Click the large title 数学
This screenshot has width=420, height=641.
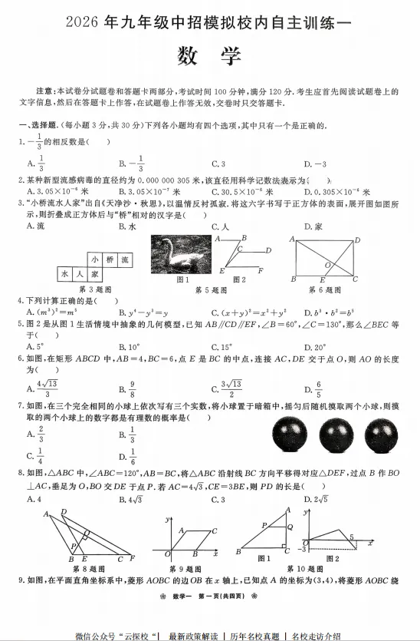pos(208,57)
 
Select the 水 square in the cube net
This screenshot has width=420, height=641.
pos(66,273)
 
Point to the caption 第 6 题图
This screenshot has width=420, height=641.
pos(325,289)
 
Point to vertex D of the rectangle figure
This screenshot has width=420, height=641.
pos(357,240)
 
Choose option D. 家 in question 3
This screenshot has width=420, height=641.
pos(313,226)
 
